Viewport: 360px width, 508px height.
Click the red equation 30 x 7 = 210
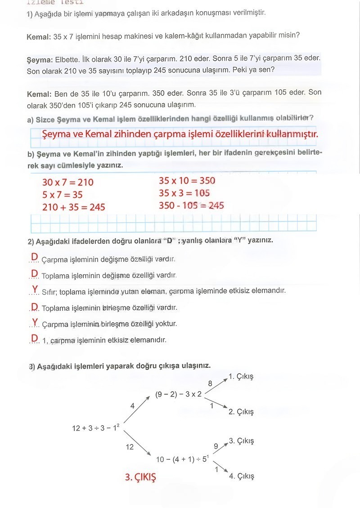click(67, 182)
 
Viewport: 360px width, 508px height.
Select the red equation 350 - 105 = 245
click(191, 205)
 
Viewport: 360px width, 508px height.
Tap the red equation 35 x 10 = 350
click(187, 181)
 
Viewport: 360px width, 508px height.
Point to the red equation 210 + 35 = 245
click(73, 207)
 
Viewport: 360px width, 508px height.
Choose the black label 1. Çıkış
click(241, 376)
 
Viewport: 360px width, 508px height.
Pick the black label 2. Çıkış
click(241, 412)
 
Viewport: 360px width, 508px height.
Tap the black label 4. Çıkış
click(241, 476)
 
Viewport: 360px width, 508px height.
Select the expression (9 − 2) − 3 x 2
click(179, 394)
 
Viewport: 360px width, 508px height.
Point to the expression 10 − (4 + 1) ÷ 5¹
click(182, 459)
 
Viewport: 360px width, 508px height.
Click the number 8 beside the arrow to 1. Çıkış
click(210, 383)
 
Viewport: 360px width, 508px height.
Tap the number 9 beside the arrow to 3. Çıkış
click(216, 446)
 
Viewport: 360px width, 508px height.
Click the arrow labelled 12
click(137, 442)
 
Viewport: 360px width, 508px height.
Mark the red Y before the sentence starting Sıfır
click(35, 289)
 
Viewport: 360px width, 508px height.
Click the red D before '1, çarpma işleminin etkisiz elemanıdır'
click(34, 339)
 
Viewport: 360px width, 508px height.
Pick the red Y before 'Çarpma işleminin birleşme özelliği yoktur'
click(35, 322)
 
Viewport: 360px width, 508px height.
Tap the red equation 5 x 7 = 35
click(62, 195)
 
